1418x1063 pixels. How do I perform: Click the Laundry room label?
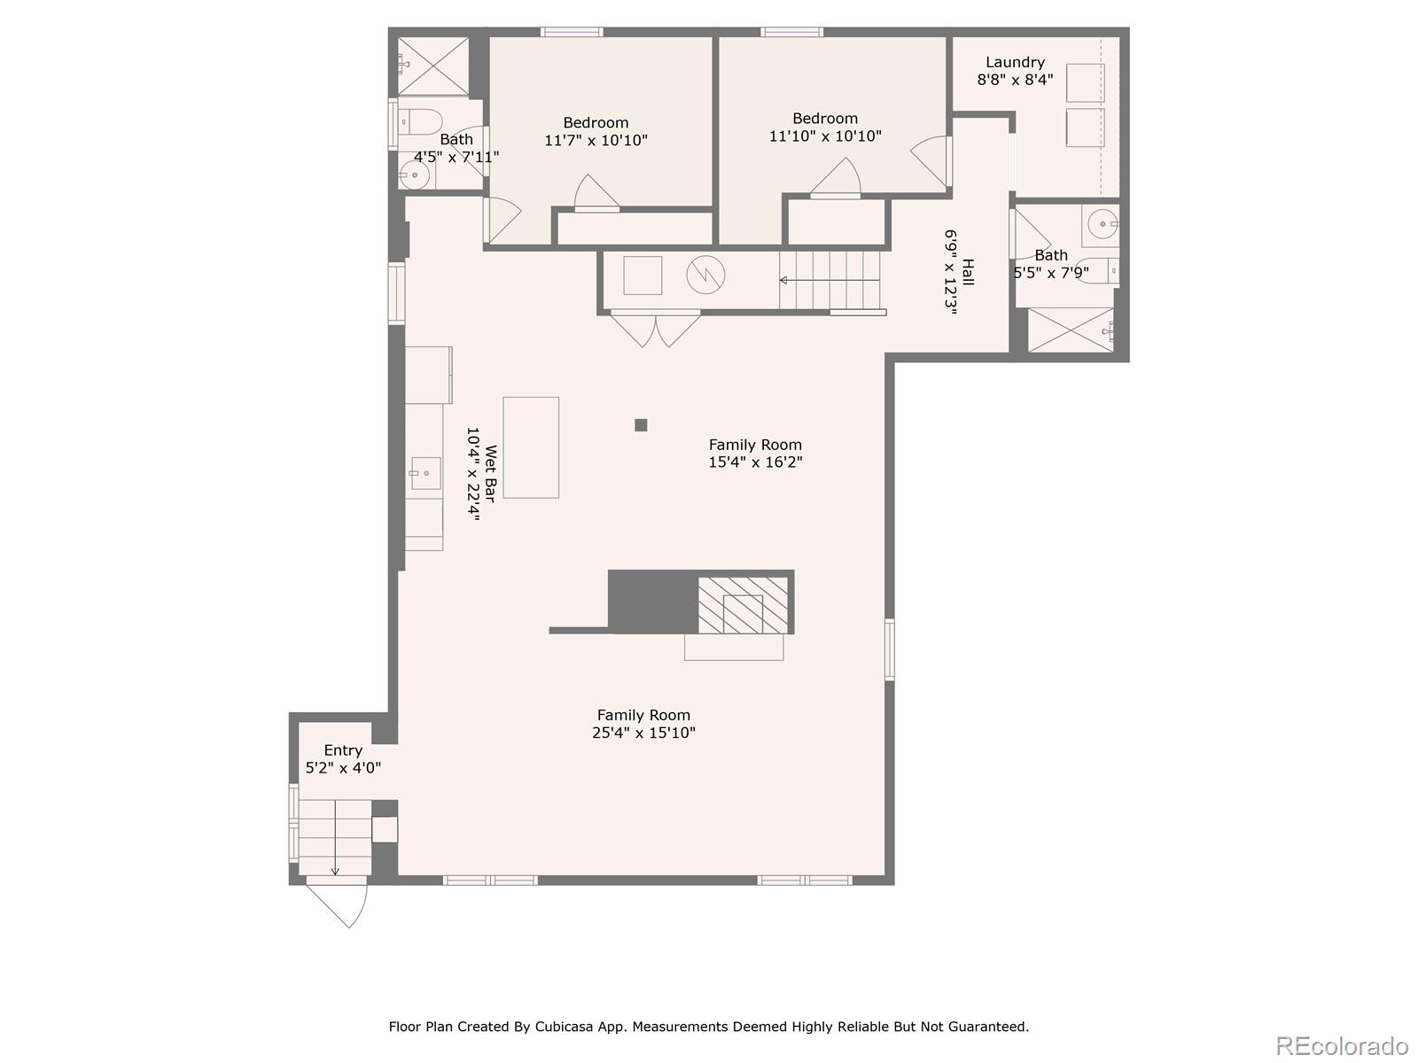(1015, 62)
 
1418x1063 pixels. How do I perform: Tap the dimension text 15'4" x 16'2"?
(755, 462)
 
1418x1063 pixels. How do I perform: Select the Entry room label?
(343, 750)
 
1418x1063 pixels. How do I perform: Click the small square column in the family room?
(641, 425)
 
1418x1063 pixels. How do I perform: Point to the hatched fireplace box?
(743, 605)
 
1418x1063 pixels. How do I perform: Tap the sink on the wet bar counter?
(425, 473)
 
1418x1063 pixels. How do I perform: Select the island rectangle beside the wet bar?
(531, 447)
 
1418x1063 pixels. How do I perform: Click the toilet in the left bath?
(419, 120)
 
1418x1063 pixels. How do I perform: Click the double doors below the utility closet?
(656, 329)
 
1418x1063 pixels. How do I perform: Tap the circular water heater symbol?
(705, 275)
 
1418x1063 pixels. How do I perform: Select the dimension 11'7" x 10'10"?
(596, 140)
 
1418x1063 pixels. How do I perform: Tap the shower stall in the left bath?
(432, 66)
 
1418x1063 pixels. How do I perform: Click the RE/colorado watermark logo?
(1342, 1045)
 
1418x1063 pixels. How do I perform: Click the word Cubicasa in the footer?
(564, 1027)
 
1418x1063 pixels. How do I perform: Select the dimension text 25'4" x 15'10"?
(643, 733)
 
